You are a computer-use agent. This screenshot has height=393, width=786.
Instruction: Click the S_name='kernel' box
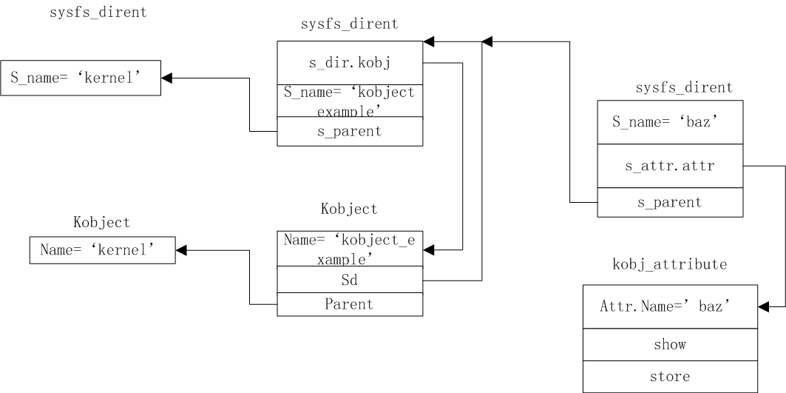(x=81, y=78)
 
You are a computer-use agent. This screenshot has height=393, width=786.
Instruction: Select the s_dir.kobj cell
(x=350, y=63)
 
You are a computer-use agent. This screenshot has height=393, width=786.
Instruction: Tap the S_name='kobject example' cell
(x=350, y=101)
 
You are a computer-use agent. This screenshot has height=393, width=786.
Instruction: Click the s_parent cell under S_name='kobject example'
(x=350, y=132)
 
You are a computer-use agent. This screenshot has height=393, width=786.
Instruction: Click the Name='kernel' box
(x=103, y=250)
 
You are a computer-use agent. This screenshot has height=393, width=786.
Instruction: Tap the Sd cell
(x=350, y=280)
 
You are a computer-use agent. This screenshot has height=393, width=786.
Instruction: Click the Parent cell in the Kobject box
(x=350, y=304)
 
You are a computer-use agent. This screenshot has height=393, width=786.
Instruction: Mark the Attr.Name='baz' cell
(x=670, y=306)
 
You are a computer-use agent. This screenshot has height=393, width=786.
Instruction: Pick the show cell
(x=670, y=344)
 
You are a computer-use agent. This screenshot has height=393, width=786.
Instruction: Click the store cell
(x=670, y=377)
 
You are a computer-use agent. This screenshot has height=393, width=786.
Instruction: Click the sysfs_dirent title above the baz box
(x=684, y=88)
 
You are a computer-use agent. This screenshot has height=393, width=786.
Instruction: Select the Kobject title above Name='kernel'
(x=102, y=222)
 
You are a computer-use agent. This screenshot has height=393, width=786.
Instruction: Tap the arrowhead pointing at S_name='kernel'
(x=167, y=78)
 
